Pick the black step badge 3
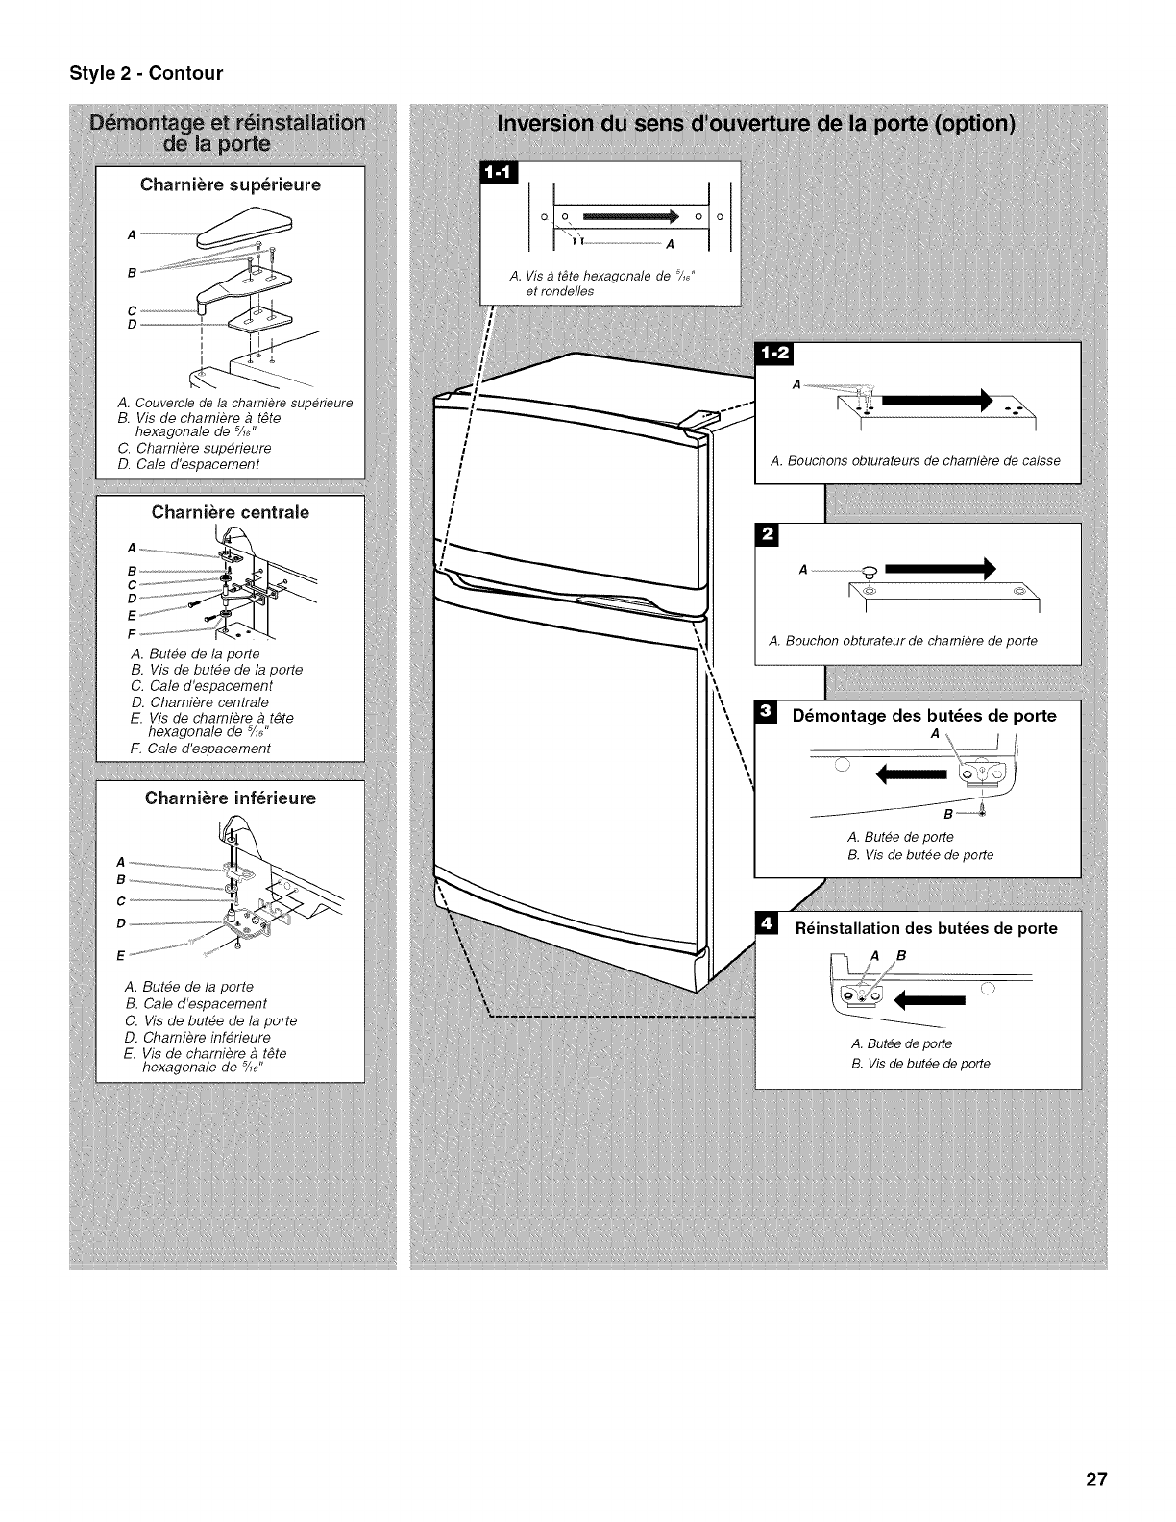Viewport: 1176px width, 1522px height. click(x=767, y=712)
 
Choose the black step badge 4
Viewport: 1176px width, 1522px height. click(x=767, y=923)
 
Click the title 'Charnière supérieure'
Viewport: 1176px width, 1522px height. click(x=231, y=184)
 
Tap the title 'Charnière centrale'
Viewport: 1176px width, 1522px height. click(x=231, y=512)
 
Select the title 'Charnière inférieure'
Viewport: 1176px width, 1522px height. click(x=231, y=798)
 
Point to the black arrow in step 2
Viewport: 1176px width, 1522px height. click(x=941, y=570)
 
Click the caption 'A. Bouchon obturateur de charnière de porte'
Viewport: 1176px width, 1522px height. click(x=903, y=641)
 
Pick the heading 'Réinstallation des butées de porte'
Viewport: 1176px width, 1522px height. click(x=925, y=928)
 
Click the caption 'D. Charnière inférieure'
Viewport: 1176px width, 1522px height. click(x=198, y=1037)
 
